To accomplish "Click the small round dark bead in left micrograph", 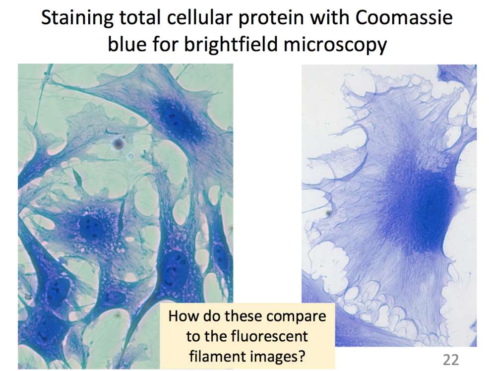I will tap(119, 144).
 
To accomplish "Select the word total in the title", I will tap(135, 19).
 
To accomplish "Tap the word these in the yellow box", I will tap(244, 316).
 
